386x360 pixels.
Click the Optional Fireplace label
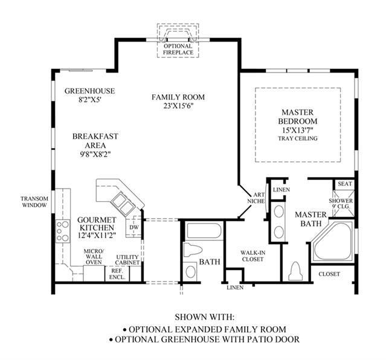[x=178, y=50]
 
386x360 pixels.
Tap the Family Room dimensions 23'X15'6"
[x=178, y=106]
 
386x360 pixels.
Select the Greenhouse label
[x=89, y=91]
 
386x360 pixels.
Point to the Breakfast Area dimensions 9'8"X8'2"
[x=94, y=155]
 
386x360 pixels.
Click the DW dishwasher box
[x=134, y=227]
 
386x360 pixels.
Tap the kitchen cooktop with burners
[x=63, y=231]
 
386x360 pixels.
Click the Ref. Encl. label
[x=117, y=274]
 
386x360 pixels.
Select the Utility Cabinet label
[x=127, y=260]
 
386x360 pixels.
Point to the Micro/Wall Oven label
[x=94, y=257]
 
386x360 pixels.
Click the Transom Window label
[x=34, y=202]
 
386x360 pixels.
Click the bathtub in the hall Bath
[x=204, y=231]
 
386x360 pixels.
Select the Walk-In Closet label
[x=253, y=256]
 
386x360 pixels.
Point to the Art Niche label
[x=257, y=198]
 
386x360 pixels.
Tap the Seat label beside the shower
[x=345, y=184]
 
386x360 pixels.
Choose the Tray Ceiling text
[x=298, y=138]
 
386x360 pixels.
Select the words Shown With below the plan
[x=204, y=317]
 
